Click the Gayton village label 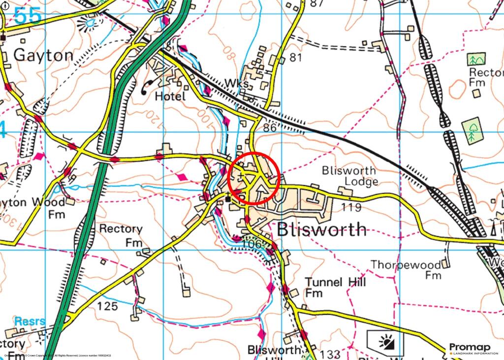click(x=43, y=55)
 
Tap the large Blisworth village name click(x=322, y=229)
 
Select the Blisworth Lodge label click(x=349, y=176)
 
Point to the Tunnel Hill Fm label click(x=335, y=287)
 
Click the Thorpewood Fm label click(x=406, y=269)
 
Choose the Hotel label click(x=170, y=96)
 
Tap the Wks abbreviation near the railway click(x=237, y=85)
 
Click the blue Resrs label click(x=30, y=322)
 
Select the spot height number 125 click(x=107, y=306)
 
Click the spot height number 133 click(x=329, y=354)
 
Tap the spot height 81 click(x=295, y=58)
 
